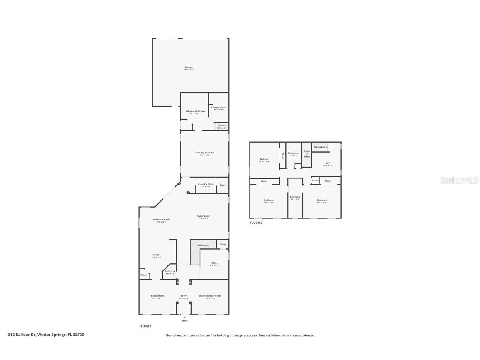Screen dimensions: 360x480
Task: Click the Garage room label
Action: click(x=189, y=67)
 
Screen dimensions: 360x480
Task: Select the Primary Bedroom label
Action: click(x=205, y=153)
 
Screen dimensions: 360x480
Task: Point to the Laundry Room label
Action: click(x=205, y=184)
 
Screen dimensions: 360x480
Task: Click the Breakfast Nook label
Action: click(x=161, y=220)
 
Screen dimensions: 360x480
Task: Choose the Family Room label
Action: click(x=203, y=216)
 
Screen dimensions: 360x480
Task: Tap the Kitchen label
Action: click(x=156, y=255)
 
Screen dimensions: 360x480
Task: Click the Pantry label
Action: click(x=144, y=275)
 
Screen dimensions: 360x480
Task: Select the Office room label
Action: click(x=214, y=263)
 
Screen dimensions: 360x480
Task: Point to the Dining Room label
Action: click(x=157, y=296)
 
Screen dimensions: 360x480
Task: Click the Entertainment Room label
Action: click(x=210, y=296)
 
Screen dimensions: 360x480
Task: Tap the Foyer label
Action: click(x=184, y=296)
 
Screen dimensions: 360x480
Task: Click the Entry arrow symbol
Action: click(x=185, y=317)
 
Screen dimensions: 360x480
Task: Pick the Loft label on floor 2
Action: click(x=327, y=163)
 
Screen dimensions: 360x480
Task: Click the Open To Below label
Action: click(x=306, y=154)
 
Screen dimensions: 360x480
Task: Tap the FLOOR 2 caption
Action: click(x=256, y=223)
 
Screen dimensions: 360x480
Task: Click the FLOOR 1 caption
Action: click(x=145, y=326)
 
